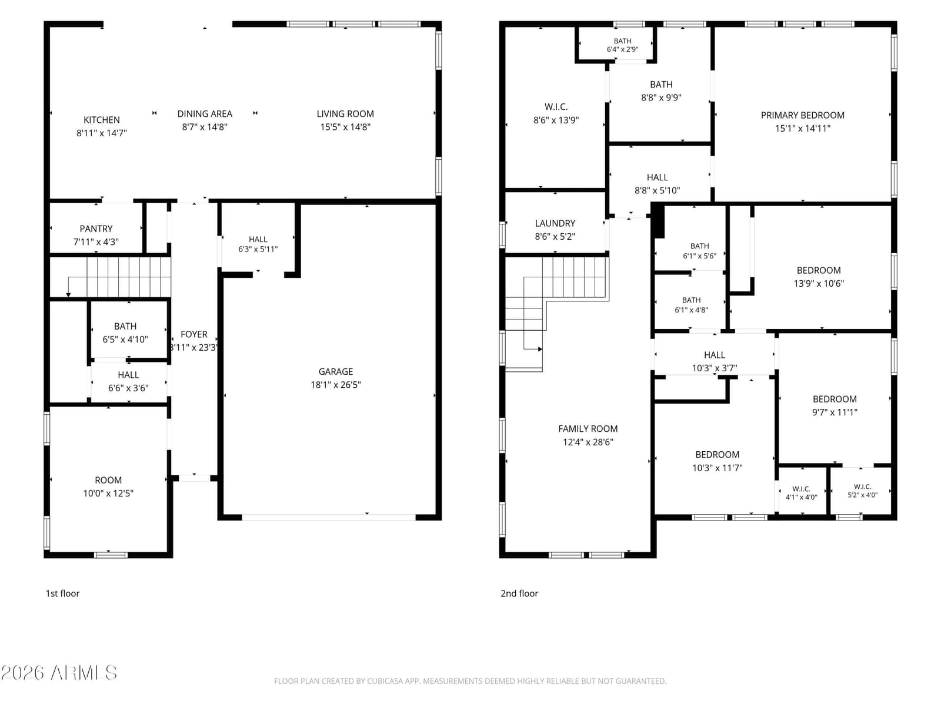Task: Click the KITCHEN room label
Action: click(x=102, y=120)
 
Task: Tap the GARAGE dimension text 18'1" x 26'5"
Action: click(x=336, y=384)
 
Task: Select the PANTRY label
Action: click(x=96, y=229)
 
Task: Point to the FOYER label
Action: click(x=193, y=334)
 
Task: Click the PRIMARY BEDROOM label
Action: click(x=803, y=115)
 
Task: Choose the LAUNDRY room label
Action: click(x=555, y=223)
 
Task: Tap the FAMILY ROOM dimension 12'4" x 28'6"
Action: click(x=588, y=442)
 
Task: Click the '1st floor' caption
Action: click(x=62, y=593)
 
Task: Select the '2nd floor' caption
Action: click(x=519, y=593)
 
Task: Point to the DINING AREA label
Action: click(x=205, y=114)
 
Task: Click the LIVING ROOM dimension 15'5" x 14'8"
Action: click(x=345, y=127)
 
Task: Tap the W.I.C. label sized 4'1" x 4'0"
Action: click(x=801, y=493)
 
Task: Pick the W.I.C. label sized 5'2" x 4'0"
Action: click(x=862, y=491)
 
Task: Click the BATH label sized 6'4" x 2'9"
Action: click(x=622, y=45)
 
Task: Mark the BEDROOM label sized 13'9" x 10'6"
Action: click(x=819, y=270)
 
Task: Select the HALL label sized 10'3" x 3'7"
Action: click(x=714, y=355)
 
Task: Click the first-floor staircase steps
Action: click(x=129, y=277)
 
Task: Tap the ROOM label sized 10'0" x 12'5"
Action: click(x=108, y=480)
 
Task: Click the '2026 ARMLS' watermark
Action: click(x=59, y=673)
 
